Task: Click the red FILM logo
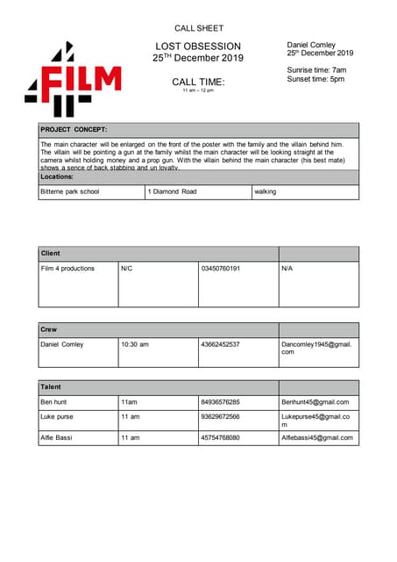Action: coord(73,80)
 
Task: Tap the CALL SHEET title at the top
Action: coord(198,29)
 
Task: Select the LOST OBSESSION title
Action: coord(198,46)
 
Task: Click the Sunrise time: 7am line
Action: coord(316,69)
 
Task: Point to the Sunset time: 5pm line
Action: coord(315,79)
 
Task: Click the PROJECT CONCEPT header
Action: coord(74,130)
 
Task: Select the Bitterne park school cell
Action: coord(70,191)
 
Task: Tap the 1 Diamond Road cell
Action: coord(172,191)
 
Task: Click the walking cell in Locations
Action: coord(265,191)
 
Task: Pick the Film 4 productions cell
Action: coord(67,268)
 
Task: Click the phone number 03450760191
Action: coord(220,268)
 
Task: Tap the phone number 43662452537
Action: coord(220,344)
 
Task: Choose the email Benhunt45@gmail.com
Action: coord(315,401)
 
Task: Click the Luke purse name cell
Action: coord(57,416)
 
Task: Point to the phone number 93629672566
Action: coord(220,416)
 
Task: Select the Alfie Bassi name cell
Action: coord(58,437)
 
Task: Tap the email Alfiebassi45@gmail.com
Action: coord(316,437)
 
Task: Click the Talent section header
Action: coord(51,386)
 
